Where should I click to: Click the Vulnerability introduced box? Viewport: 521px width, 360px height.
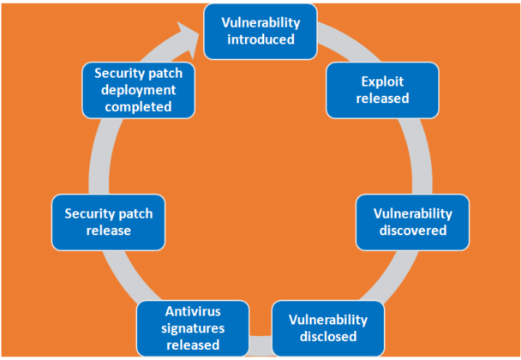[260, 31]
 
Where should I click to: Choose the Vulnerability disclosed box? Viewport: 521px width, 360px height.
[328, 328]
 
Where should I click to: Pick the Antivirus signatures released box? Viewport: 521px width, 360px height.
[193, 328]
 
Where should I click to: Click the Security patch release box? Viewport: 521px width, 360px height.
[108, 221]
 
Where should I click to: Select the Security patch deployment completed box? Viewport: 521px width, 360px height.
[139, 90]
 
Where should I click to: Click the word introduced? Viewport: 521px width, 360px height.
[260, 39]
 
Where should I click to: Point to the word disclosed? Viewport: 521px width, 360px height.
[328, 337]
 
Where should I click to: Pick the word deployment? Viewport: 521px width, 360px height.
[139, 90]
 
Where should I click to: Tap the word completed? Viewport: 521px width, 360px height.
[139, 106]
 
